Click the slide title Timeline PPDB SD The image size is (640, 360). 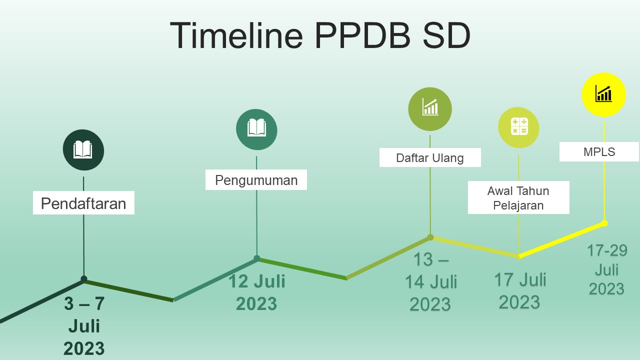tap(320, 35)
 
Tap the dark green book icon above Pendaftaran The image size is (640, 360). tap(83, 150)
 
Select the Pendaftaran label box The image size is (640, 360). tap(83, 203)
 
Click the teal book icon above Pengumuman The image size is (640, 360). tap(256, 129)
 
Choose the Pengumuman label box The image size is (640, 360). tap(256, 180)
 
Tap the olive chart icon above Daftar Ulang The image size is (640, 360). tap(430, 108)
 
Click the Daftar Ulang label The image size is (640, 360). tap(430, 158)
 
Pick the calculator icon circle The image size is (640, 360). tap(518, 127)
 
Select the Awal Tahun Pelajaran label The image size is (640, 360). tap(518, 197)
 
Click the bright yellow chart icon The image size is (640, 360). tap(603, 94)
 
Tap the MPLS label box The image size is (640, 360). tap(599, 152)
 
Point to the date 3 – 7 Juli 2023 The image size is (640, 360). tap(84, 326)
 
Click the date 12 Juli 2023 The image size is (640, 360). tap(256, 292)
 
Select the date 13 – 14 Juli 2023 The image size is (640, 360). tap(430, 282)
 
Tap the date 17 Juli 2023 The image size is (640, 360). tap(520, 291)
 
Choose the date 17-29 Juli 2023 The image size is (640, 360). tap(606, 270)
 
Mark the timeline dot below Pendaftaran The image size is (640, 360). tap(84, 279)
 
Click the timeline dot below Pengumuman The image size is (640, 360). tap(257, 258)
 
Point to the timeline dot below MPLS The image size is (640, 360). tap(604, 223)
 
